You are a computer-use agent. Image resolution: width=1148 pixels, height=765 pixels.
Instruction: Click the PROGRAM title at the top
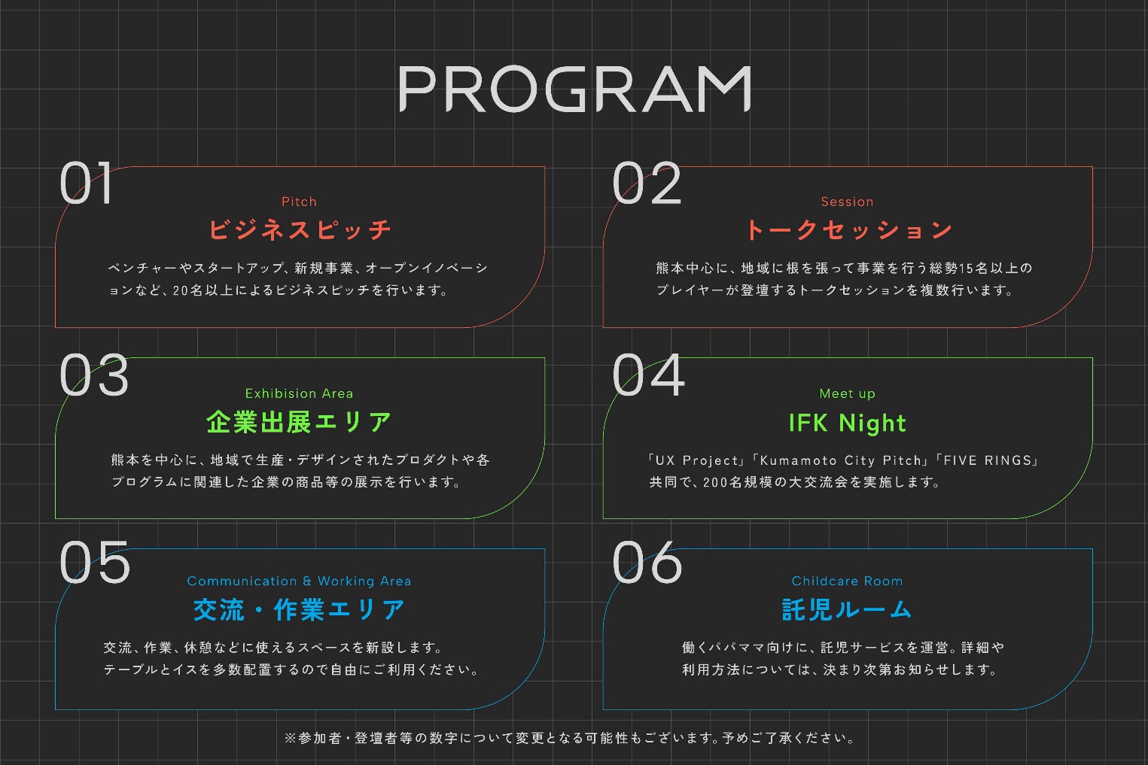tap(574, 89)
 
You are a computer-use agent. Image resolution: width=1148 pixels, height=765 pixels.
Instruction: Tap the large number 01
tap(87, 184)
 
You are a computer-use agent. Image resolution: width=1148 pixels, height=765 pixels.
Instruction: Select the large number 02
tap(647, 184)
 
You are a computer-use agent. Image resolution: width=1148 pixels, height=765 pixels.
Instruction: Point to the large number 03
tap(94, 375)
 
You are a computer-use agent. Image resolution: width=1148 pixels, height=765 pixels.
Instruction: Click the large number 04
tap(648, 375)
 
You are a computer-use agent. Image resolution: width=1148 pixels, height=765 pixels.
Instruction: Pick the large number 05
tap(95, 563)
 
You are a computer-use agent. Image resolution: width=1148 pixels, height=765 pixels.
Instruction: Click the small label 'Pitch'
tap(299, 202)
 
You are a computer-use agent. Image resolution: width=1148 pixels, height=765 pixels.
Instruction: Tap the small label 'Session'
tap(847, 202)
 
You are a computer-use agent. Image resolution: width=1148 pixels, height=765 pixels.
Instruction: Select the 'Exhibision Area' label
tap(299, 393)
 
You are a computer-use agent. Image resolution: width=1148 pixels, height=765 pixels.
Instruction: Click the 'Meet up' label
tap(847, 393)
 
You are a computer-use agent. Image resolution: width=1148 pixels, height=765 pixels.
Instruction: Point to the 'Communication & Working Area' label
tap(299, 581)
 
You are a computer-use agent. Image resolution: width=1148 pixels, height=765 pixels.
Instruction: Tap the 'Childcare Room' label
tap(847, 581)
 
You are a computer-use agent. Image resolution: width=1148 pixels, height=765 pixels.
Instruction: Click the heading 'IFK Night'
tap(847, 423)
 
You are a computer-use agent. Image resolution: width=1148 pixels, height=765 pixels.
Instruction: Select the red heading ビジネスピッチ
tap(300, 229)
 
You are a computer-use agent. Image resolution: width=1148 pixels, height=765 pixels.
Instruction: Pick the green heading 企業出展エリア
tap(299, 422)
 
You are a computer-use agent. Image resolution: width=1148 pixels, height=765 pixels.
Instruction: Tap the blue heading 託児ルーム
tap(847, 609)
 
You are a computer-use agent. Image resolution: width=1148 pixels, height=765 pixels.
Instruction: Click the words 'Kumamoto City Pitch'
tap(842, 460)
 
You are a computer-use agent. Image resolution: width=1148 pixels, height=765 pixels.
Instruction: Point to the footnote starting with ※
tap(571, 738)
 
